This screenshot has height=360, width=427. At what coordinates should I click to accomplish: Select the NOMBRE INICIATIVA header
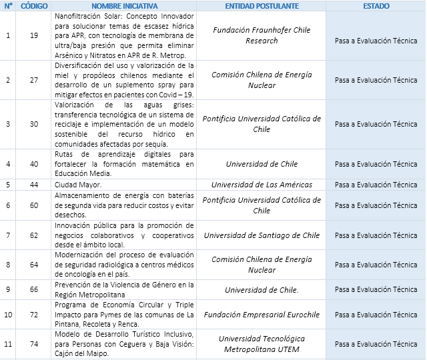click(124, 5)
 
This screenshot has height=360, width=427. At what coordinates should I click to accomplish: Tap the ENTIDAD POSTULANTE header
click(262, 5)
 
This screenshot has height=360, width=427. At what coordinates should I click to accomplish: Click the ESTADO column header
click(376, 5)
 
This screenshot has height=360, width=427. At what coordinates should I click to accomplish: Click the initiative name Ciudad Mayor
click(78, 185)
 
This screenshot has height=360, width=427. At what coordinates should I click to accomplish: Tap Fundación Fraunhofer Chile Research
click(262, 35)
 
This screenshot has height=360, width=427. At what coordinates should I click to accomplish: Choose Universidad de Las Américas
click(262, 185)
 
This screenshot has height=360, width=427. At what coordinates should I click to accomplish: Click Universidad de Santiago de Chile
click(262, 235)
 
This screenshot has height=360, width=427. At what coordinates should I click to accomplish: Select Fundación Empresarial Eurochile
click(262, 315)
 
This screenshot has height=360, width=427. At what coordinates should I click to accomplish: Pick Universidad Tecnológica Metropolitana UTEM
click(262, 344)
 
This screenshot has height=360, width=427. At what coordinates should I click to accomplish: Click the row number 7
click(8, 235)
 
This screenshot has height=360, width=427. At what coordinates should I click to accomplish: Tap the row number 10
click(8, 315)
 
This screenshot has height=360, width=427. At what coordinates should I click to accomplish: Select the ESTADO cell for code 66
click(376, 289)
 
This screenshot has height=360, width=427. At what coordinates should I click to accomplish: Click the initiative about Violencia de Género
click(124, 289)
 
